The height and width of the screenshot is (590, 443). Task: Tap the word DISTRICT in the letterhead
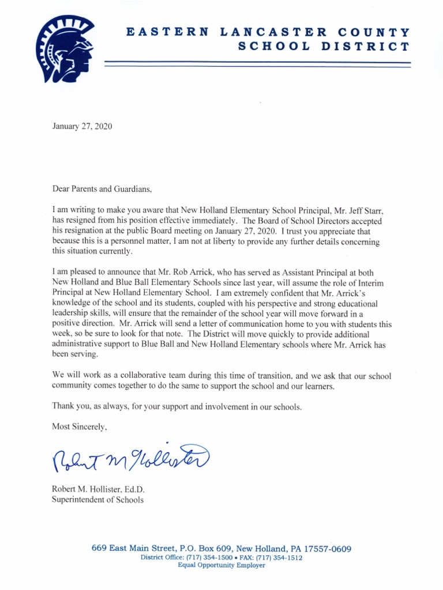pos(365,46)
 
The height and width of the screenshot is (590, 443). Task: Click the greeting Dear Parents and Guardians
pos(104,188)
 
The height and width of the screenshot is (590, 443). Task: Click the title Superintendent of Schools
pos(97,500)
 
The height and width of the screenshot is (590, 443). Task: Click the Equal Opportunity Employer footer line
pos(221,566)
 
